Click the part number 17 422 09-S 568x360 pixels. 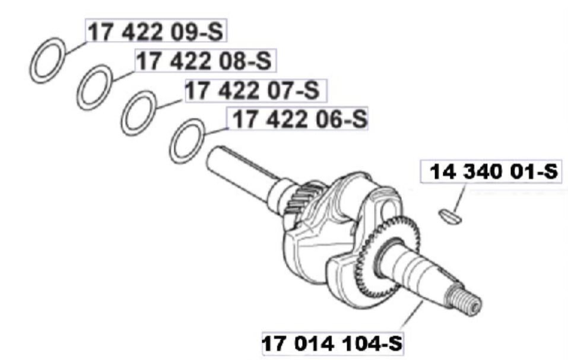pyautogui.click(x=155, y=31)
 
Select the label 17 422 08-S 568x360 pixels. pyautogui.click(x=205, y=60)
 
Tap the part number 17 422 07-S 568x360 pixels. pyautogui.click(x=253, y=90)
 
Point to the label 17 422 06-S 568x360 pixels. pyautogui.click(x=300, y=119)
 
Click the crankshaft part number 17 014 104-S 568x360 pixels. pyautogui.click(x=332, y=343)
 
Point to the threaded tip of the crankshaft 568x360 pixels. pyautogui.click(x=467, y=300)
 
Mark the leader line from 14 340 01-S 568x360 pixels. pyautogui.click(x=459, y=198)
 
